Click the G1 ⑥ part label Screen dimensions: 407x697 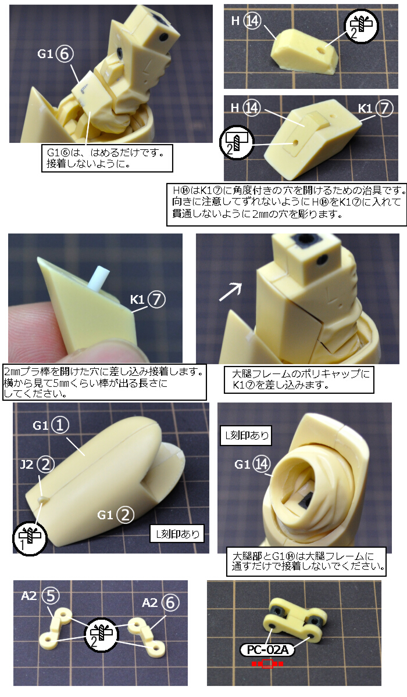[x=55, y=54]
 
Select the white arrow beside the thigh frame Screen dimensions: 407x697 [x=230, y=292]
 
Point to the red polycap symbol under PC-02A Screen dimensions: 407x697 [x=267, y=664]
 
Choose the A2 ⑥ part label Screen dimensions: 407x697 [x=160, y=603]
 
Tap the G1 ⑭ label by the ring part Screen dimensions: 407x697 [x=252, y=465]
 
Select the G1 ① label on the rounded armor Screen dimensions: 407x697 [x=51, y=425]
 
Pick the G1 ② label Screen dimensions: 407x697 [x=116, y=515]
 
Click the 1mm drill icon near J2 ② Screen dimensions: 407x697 [x=29, y=538]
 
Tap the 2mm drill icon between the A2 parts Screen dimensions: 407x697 [x=102, y=633]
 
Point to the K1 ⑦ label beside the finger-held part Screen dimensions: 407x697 [x=148, y=299]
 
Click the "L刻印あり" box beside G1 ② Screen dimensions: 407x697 [x=177, y=534]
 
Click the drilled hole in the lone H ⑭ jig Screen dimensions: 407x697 [x=320, y=49]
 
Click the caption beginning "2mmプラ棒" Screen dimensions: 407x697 [x=104, y=382]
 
